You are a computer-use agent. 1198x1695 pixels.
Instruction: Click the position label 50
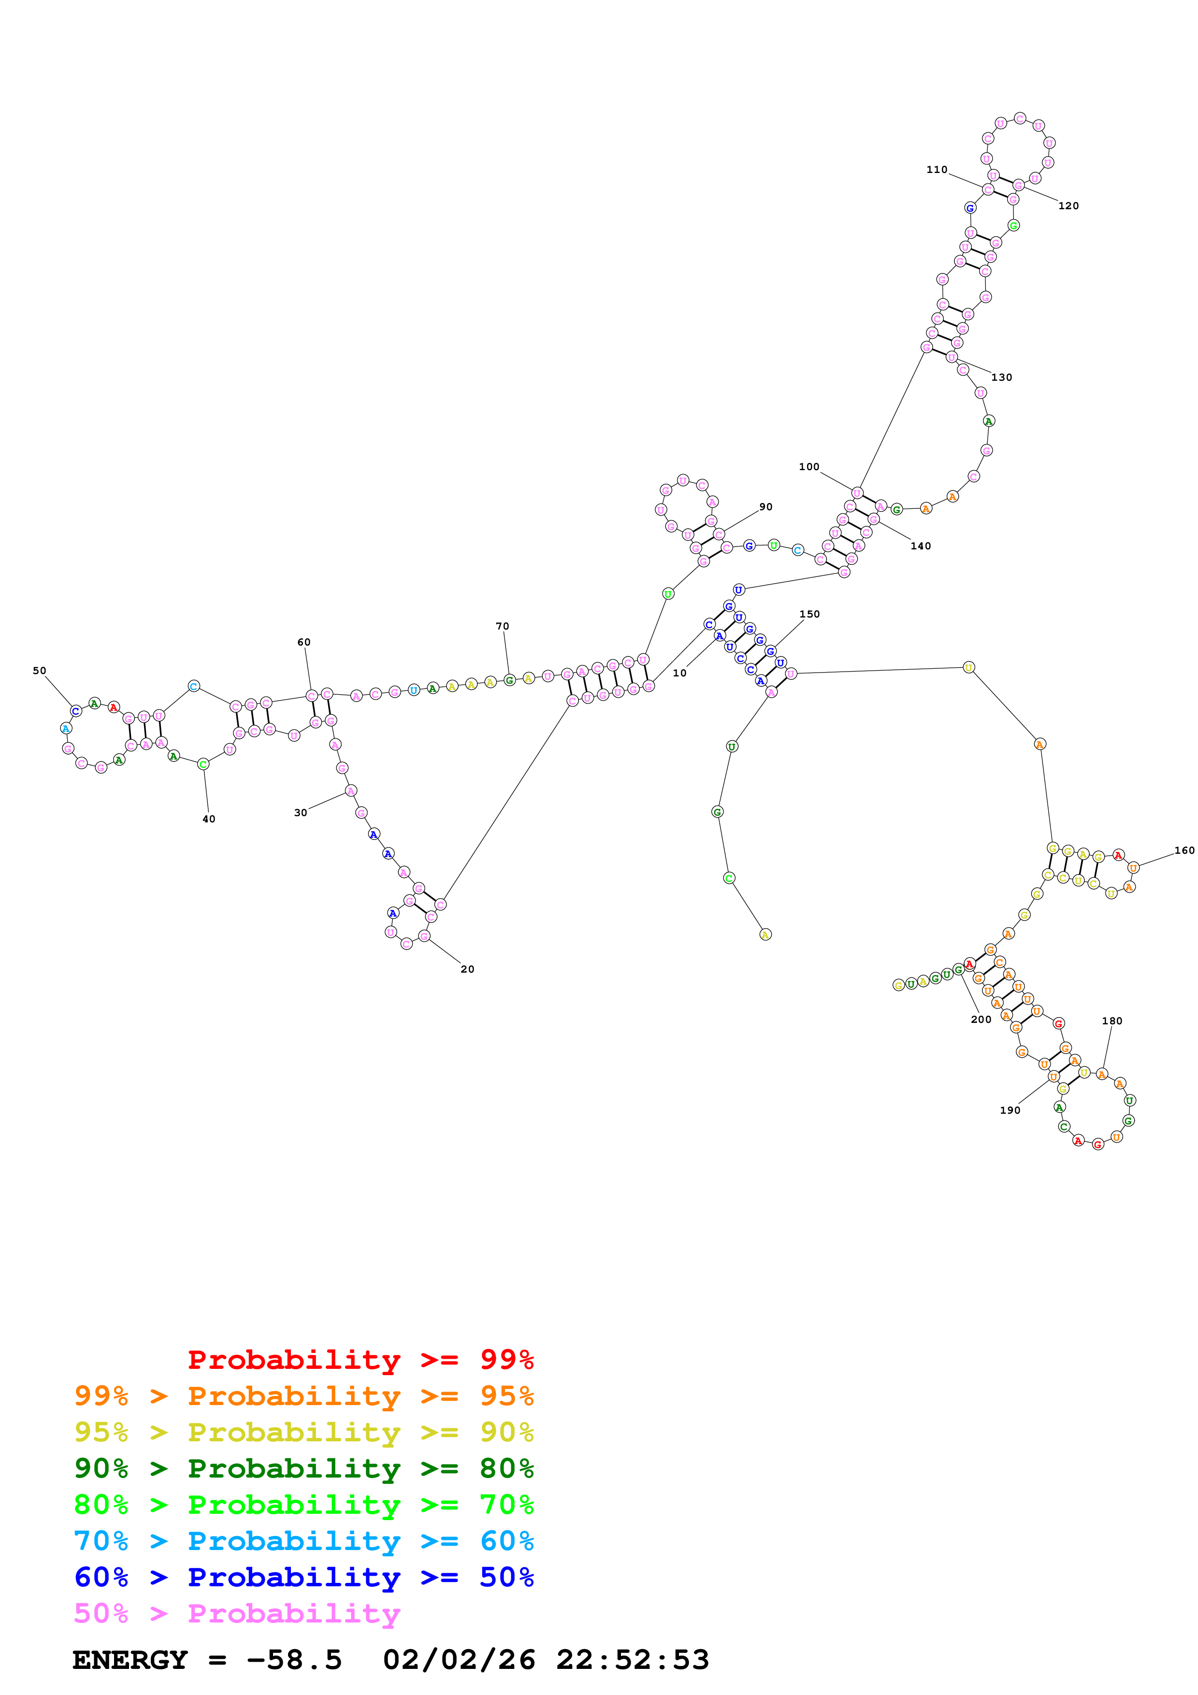tap(39, 670)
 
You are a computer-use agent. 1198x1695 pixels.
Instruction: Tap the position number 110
tap(937, 169)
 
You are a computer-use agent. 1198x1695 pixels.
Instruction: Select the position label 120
tap(1068, 205)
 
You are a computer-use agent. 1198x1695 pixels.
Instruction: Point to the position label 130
tap(1002, 377)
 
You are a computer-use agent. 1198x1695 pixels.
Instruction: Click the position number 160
tap(1184, 850)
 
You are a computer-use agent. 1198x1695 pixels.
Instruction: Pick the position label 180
tap(1111, 1020)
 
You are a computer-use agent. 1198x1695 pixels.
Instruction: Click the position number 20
tap(467, 969)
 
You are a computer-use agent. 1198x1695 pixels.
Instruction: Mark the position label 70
tap(502, 626)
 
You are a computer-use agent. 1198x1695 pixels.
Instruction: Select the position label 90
tap(766, 506)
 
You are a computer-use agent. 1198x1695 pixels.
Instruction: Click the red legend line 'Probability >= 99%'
tap(360, 1359)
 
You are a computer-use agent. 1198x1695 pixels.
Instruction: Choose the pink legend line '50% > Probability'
tap(237, 1613)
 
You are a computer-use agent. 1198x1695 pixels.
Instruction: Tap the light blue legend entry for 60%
tap(303, 1541)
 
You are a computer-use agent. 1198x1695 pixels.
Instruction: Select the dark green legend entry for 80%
tap(303, 1468)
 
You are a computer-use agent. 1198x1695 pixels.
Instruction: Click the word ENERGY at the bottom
tap(130, 1660)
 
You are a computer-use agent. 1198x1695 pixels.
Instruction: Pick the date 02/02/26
tap(459, 1660)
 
